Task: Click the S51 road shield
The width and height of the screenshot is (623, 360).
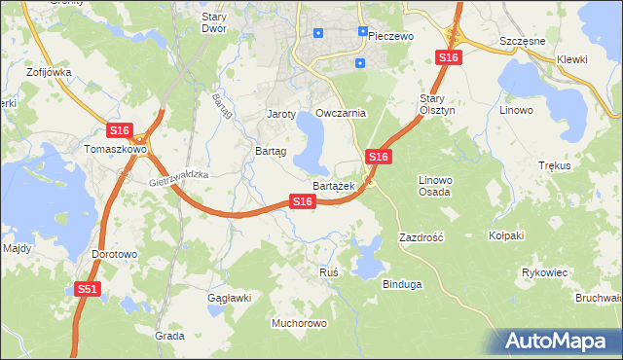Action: click(88, 289)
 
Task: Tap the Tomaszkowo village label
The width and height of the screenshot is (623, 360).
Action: click(115, 150)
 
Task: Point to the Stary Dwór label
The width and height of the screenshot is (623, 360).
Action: click(213, 22)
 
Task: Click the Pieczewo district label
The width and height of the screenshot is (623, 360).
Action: click(391, 35)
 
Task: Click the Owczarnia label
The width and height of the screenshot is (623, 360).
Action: click(341, 113)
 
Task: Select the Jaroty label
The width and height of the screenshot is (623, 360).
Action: click(281, 114)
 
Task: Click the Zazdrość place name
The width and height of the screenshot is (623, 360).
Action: click(421, 237)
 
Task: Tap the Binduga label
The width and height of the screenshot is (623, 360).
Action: click(402, 284)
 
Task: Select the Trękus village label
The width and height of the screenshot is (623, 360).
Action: click(553, 165)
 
